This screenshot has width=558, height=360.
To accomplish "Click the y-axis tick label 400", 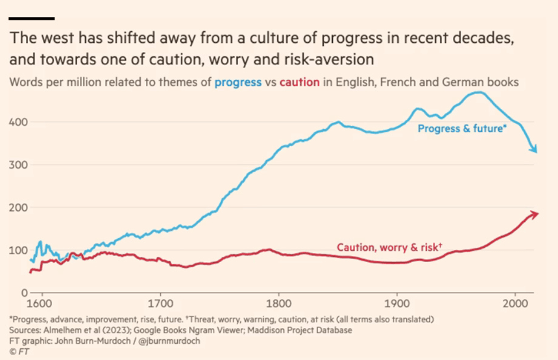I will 18,122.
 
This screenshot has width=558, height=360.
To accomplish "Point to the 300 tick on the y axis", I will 18,165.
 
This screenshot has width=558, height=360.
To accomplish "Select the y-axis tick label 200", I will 18,208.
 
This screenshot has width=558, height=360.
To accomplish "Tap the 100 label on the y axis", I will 18,250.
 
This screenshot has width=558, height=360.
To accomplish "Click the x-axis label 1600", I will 41,304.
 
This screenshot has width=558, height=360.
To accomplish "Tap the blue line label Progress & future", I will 461,129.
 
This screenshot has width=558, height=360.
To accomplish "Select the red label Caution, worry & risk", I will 389,247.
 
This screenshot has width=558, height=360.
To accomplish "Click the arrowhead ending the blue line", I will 535,150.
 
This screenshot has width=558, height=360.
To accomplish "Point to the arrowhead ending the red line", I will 535,214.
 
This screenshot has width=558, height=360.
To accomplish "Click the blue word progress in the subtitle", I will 239,83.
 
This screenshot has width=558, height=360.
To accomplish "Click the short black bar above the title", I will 31,18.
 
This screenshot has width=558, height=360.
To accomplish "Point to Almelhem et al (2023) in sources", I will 82,330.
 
